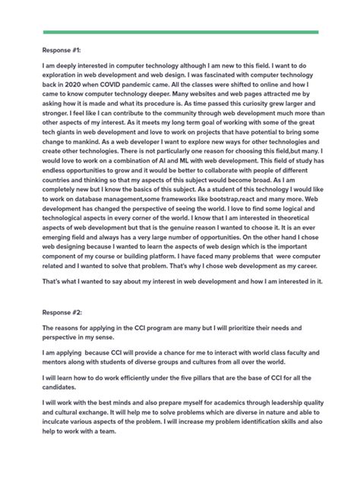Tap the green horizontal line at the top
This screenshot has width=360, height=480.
click(180, 33)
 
